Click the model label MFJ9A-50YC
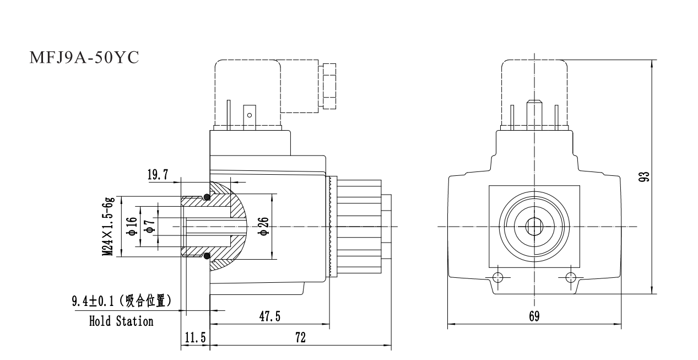pyautogui.click(x=84, y=58)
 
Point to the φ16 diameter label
pyautogui.click(x=132, y=227)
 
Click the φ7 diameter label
pyautogui.click(x=149, y=227)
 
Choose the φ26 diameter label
pyautogui.click(x=264, y=227)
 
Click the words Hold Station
pyautogui.click(x=121, y=321)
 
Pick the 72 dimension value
pyautogui.click(x=300, y=337)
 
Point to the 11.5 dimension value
pyautogui.click(x=194, y=338)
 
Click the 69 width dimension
pyautogui.click(x=534, y=316)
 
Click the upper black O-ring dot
pyautogui.click(x=206, y=197)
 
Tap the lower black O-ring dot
pyautogui.click(x=206, y=256)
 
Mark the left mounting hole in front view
pyautogui.click(x=498, y=276)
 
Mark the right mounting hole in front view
pyautogui.click(x=570, y=276)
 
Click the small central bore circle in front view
pyautogui.click(x=534, y=226)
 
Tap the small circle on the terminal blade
pyautogui.click(x=250, y=115)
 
